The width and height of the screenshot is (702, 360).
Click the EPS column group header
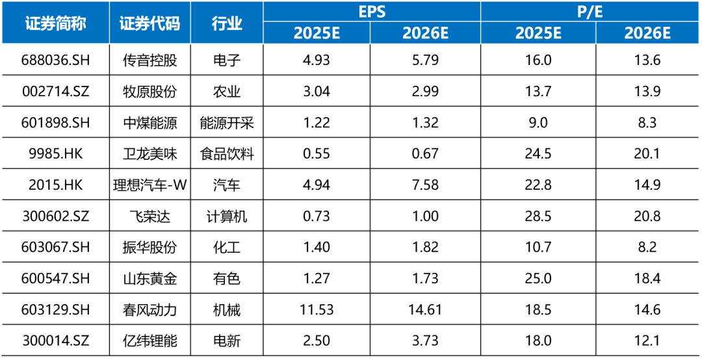click(x=372, y=11)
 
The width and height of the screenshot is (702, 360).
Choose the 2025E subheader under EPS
click(x=317, y=33)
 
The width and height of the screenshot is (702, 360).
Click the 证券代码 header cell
click(x=149, y=23)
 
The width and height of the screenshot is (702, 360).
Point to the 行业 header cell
click(x=227, y=23)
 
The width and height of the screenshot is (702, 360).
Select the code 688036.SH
click(x=55, y=60)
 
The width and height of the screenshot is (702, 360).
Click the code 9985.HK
click(x=55, y=154)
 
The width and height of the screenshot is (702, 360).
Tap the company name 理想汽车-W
click(x=149, y=185)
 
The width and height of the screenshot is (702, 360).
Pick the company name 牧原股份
click(x=149, y=92)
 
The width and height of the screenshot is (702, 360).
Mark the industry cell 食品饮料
click(x=227, y=154)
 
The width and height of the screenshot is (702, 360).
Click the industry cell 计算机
click(x=227, y=216)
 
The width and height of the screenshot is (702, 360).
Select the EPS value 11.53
click(x=317, y=310)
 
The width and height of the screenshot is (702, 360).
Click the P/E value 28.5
click(x=538, y=216)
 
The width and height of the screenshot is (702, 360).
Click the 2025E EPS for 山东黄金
click(x=317, y=279)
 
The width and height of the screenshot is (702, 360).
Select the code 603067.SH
click(x=55, y=248)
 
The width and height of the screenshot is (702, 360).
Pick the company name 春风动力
click(x=149, y=310)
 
